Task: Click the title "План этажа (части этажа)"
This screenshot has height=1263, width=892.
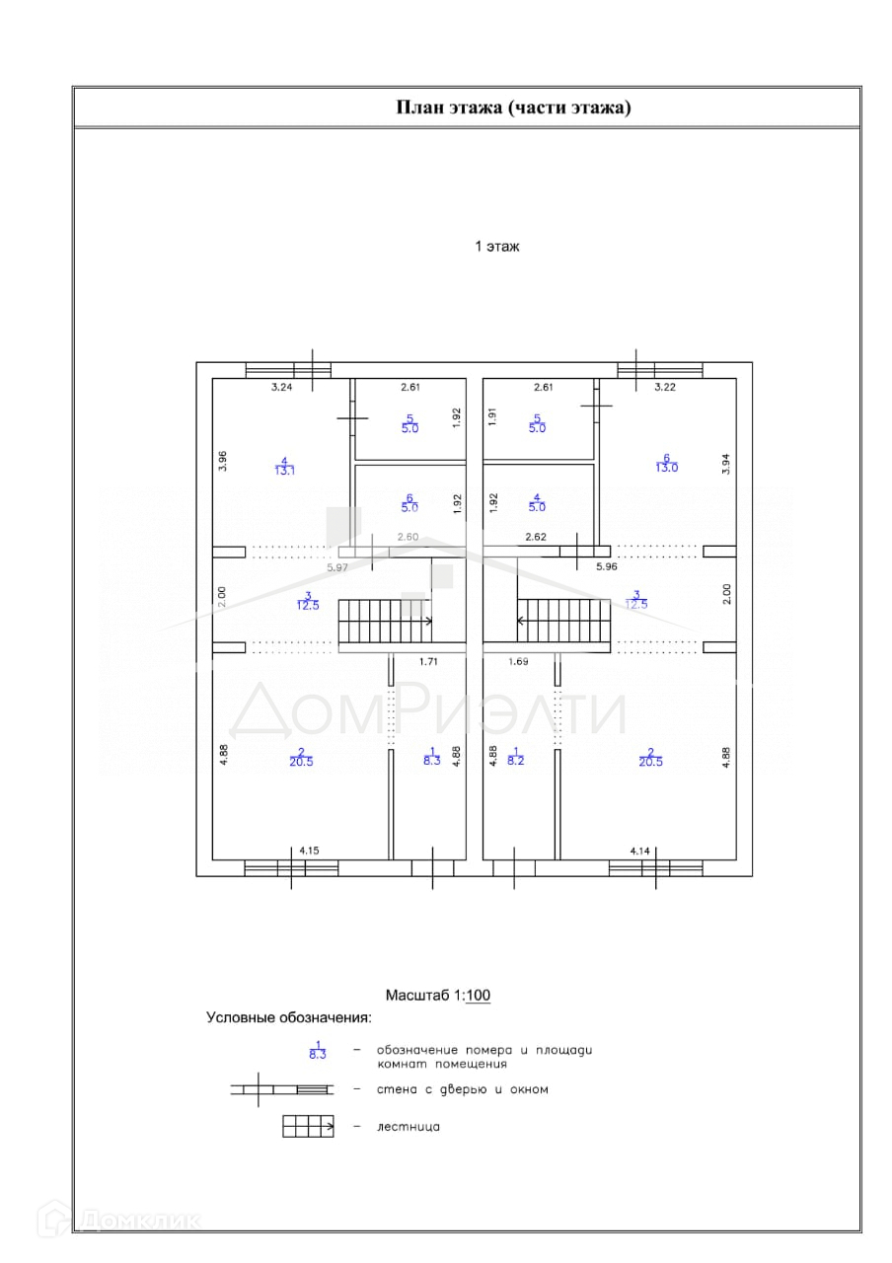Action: point(512,108)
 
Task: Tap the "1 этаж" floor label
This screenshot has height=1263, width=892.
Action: point(497,247)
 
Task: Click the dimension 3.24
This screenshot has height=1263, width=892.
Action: point(283,388)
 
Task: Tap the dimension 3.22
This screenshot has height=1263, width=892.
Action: point(665,388)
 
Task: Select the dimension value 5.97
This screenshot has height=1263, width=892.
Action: point(338,567)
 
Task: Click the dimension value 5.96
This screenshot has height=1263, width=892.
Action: point(607,567)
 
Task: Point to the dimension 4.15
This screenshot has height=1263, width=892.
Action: point(309,850)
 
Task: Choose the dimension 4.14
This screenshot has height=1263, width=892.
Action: point(641,850)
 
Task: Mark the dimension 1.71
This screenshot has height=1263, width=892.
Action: point(428,662)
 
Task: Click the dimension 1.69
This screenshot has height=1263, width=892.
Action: point(519,662)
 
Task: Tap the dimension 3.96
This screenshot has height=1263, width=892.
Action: point(224,461)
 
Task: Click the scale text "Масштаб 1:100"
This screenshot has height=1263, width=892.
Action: point(437,996)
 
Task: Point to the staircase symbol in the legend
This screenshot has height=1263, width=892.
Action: point(308,1126)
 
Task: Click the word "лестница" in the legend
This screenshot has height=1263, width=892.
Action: point(409,1126)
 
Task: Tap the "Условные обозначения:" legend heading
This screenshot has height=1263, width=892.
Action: point(288,1017)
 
